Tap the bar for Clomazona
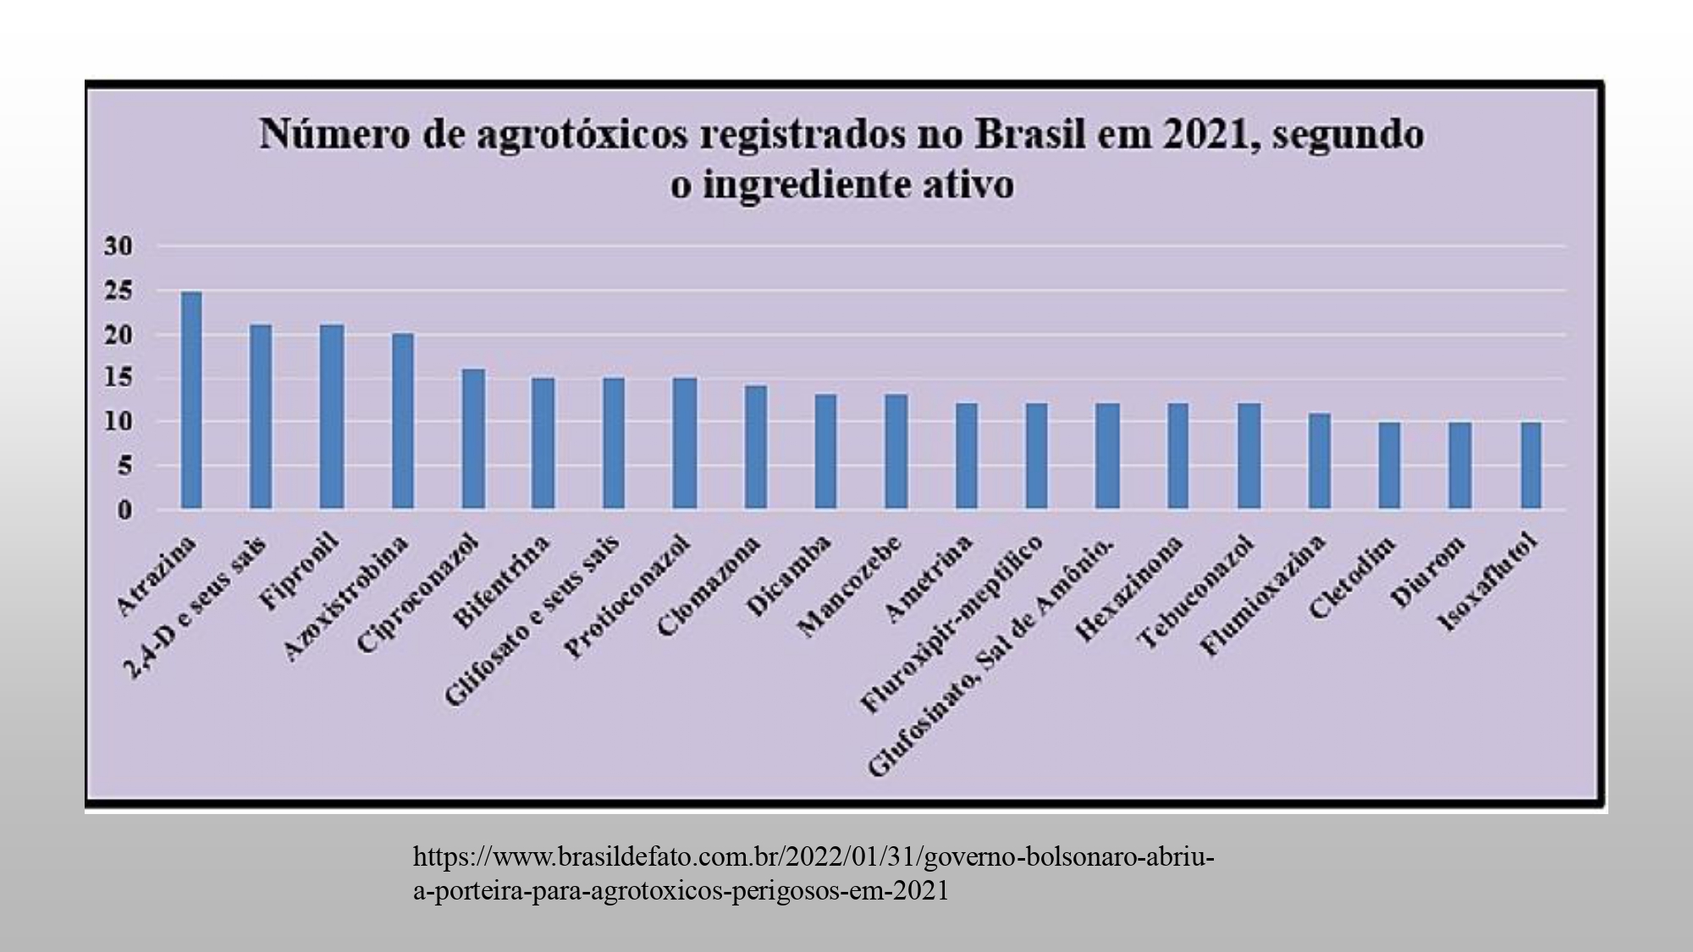[x=755, y=447]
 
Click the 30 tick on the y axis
[x=119, y=247]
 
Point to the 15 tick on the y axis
[x=119, y=378]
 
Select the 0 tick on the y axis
[x=124, y=510]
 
